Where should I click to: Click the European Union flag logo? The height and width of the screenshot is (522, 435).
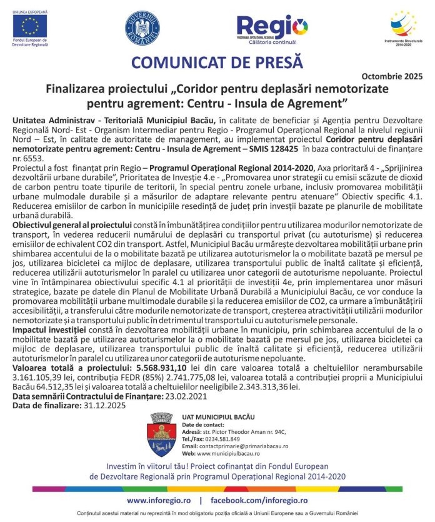(29, 26)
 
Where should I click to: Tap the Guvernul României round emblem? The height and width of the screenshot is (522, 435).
(142, 28)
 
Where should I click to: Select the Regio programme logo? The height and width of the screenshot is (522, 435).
(272, 29)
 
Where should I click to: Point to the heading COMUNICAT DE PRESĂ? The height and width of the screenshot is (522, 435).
(217, 63)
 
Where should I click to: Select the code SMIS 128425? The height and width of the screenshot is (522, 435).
(274, 150)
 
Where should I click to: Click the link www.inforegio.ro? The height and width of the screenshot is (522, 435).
(159, 501)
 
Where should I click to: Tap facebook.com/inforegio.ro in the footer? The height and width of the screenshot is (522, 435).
(259, 501)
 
